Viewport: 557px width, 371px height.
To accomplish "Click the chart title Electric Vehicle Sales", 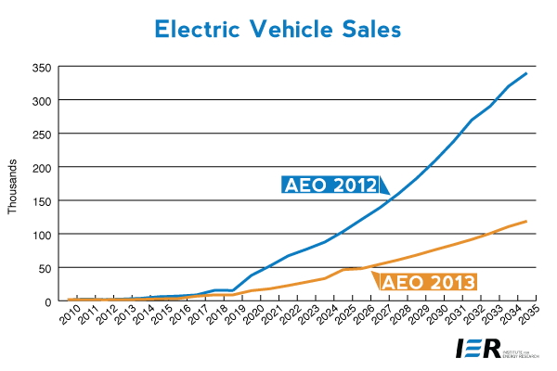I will point(278,29).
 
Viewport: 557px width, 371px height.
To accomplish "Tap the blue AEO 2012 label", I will point(330,184).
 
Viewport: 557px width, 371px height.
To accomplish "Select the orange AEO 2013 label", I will point(428,281).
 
